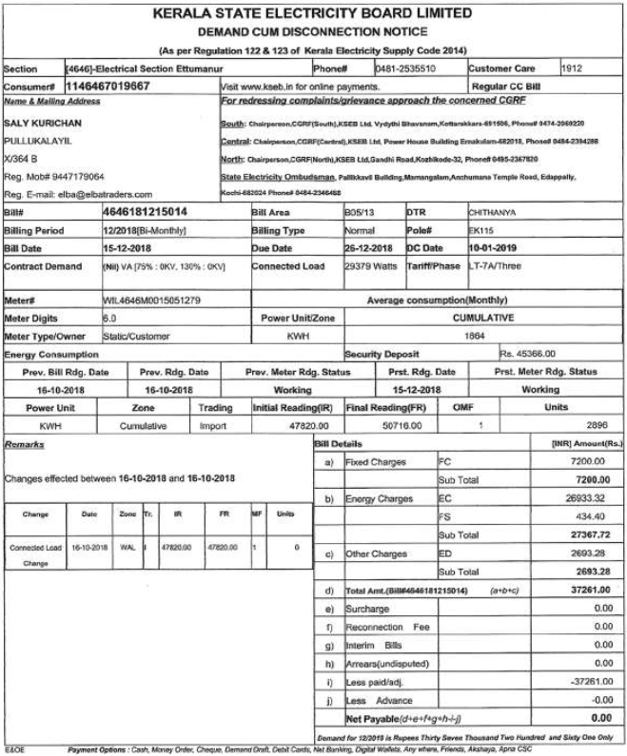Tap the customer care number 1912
572,68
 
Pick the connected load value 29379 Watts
370,266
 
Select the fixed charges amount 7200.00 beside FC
592,461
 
